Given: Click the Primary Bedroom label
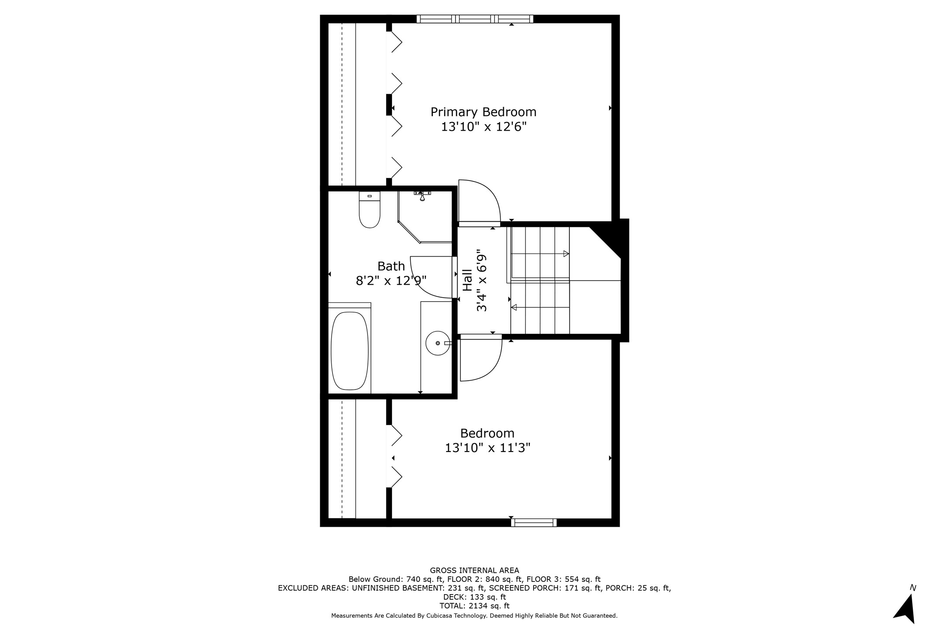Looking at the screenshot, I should [483, 112].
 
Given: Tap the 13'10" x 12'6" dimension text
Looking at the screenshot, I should [483, 127].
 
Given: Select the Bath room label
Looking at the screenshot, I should [391, 266].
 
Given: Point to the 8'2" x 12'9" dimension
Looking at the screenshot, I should [391, 281].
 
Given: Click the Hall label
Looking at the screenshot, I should [468, 280].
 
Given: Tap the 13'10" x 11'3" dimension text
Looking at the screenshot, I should [488, 448].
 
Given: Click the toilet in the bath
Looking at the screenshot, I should [370, 210].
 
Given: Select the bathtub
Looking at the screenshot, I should [350, 350].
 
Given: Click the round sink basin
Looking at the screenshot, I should [437, 343].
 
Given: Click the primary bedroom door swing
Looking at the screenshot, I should [479, 202].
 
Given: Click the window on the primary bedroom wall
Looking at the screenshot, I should [475, 19].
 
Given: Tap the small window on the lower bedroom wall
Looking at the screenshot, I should [534, 522].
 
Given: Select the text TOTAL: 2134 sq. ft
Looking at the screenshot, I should [474, 606].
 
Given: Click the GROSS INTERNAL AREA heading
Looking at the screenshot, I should [474, 570].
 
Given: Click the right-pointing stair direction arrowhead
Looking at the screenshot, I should [566, 254].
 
